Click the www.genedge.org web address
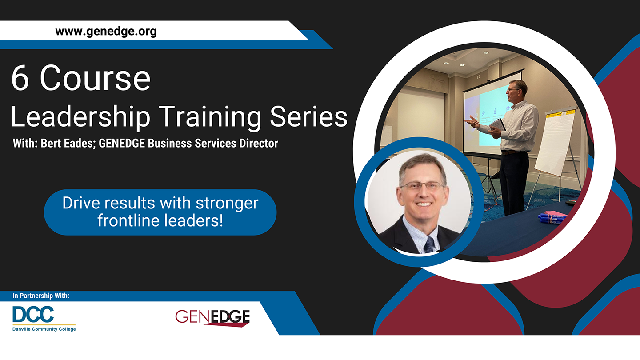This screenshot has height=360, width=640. pos(106,32)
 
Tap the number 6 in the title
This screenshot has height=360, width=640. pos(20,78)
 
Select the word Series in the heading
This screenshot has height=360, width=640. pos(308,116)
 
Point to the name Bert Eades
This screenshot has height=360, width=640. pos(67,143)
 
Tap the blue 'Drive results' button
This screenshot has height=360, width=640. pos(160,212)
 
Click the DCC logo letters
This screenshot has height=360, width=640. pos(33,314)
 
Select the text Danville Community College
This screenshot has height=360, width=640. pos(44,329)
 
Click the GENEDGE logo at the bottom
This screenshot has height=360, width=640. pos(212,318)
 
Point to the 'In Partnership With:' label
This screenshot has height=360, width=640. pos(41,296)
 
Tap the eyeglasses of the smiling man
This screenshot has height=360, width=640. pos(423,186)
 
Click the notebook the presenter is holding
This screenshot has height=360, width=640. pos(498,125)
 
